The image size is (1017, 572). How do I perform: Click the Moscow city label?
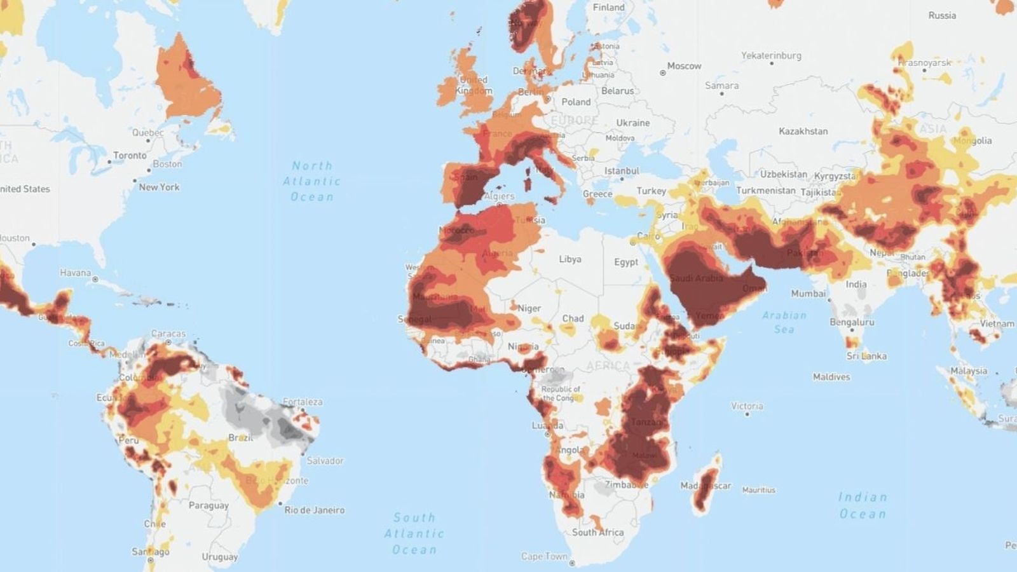click(684, 65)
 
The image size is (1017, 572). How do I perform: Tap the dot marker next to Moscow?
click(663, 73)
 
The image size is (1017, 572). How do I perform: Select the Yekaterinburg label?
click(771, 55)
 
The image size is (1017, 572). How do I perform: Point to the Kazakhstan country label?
click(803, 131)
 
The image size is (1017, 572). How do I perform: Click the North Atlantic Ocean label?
click(311, 181)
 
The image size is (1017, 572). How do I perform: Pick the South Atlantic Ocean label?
click(414, 533)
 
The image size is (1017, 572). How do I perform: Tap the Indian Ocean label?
click(862, 505)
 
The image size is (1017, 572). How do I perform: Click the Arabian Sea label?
click(784, 322)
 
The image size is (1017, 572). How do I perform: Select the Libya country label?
click(570, 259)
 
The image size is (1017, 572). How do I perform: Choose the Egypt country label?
click(625, 262)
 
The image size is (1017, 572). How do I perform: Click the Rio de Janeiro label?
click(314, 510)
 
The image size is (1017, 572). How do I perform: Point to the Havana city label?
click(75, 273)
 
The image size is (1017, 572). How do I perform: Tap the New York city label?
click(159, 187)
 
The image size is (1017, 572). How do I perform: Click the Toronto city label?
click(130, 155)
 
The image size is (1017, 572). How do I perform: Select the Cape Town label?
click(544, 556)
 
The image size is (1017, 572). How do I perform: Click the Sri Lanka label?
click(866, 356)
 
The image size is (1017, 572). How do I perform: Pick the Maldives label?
click(831, 377)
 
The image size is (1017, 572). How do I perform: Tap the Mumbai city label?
click(808, 293)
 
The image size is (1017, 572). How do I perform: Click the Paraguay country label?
click(208, 505)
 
